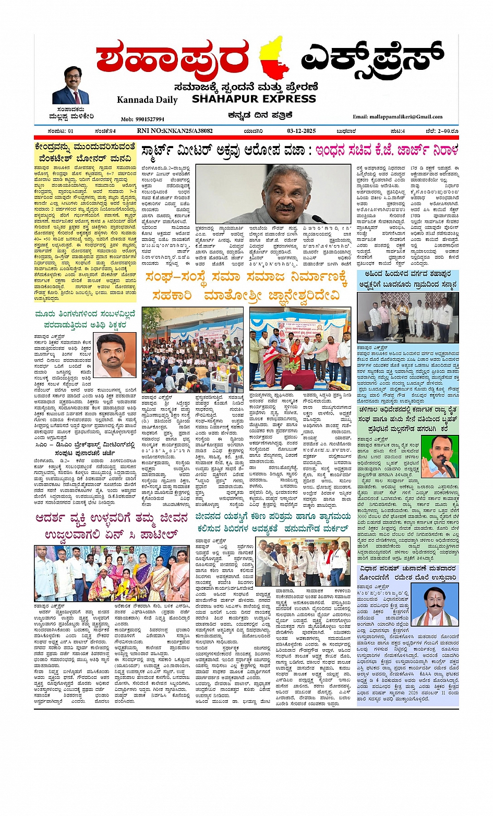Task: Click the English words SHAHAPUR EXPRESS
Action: (254, 99)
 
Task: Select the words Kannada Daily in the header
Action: (147, 100)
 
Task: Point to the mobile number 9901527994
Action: (142, 119)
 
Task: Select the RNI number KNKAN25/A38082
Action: (175, 131)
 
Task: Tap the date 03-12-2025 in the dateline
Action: (302, 131)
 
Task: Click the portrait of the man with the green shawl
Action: (439, 457)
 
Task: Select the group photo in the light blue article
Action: (407, 317)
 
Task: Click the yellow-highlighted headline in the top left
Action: (85, 152)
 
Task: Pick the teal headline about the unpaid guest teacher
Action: (85, 319)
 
